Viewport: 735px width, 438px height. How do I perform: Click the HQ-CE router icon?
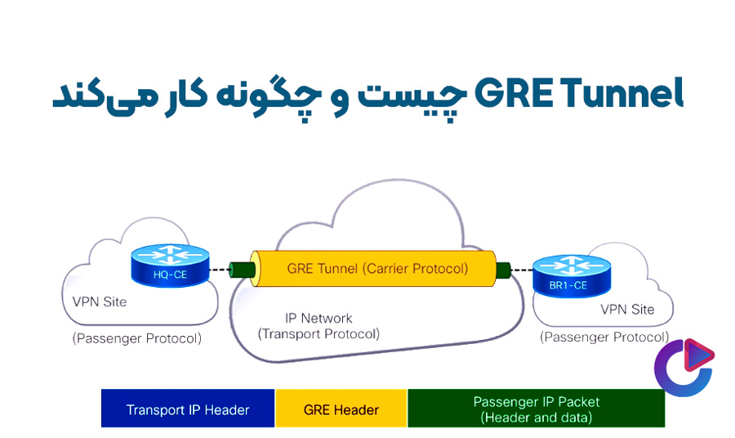170,267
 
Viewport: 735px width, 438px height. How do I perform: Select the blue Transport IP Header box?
188,409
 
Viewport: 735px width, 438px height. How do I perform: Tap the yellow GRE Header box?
341,409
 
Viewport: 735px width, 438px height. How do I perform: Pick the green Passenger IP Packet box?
536,409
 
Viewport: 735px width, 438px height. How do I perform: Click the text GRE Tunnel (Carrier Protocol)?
377,268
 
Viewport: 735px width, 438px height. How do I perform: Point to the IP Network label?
318,318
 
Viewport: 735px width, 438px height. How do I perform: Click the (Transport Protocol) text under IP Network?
318,333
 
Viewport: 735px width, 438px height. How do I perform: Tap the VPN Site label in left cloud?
95,302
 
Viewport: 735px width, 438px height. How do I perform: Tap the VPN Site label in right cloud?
627,310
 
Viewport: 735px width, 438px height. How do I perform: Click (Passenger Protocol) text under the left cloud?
136,337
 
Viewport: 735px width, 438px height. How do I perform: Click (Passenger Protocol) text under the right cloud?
604,337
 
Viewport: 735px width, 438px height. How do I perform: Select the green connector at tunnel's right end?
504,269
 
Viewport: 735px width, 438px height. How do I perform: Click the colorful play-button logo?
684,367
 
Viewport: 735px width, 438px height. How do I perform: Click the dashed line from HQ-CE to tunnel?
219,269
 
